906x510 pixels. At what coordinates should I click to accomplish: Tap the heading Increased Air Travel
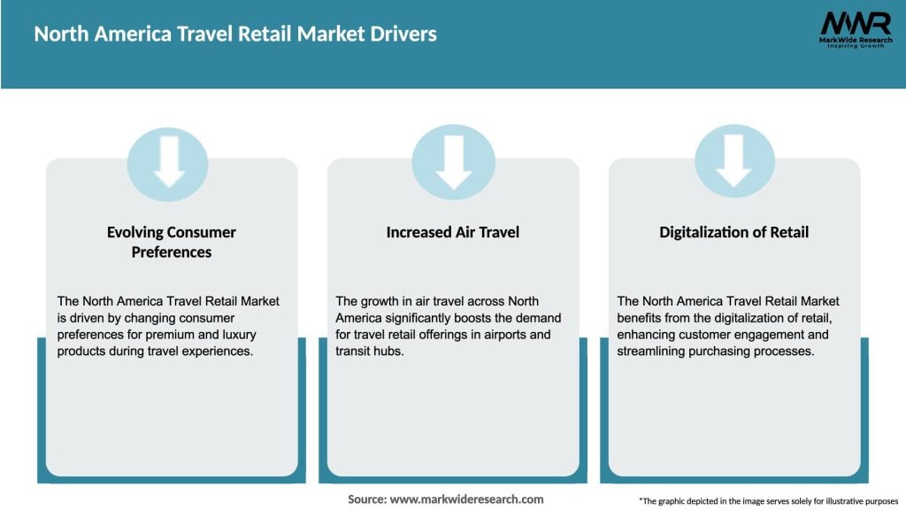[x=453, y=232]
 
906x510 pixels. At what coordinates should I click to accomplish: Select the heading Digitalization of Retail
[x=733, y=232]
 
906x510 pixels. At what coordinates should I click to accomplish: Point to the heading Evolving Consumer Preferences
[x=172, y=242]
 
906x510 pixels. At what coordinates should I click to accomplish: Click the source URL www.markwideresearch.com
[x=466, y=499]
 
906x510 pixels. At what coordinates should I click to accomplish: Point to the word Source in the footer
[x=366, y=499]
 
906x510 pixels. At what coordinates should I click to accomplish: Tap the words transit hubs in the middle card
[x=368, y=351]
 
